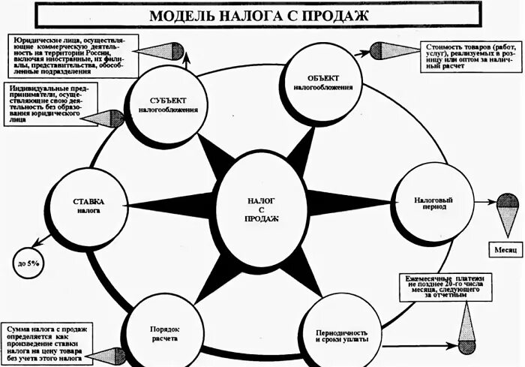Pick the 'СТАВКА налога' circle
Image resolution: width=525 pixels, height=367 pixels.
click(x=88, y=207)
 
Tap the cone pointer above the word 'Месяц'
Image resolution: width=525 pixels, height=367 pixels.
click(x=508, y=213)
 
